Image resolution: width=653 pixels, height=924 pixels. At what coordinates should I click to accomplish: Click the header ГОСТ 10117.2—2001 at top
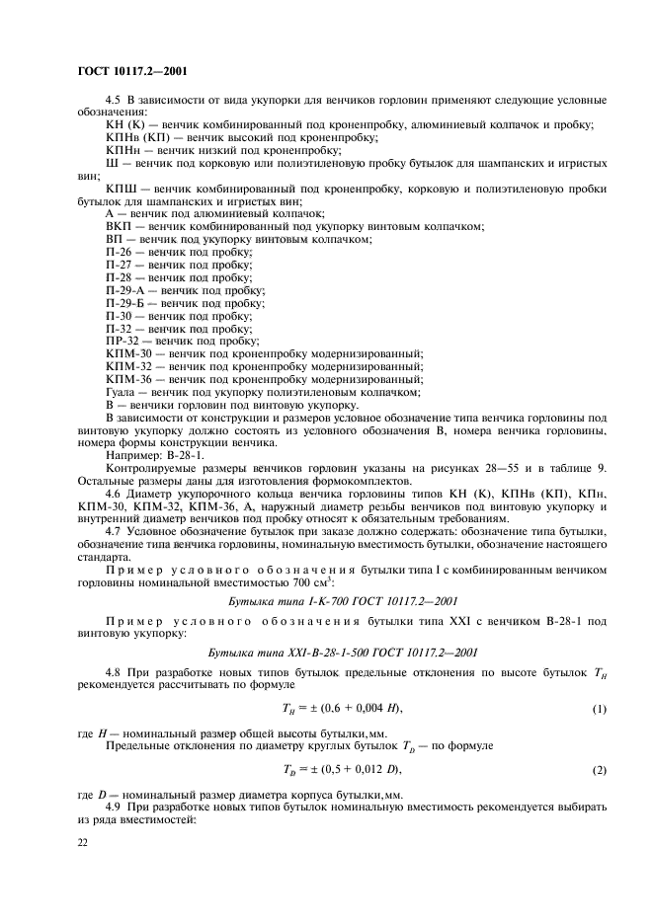point(130,70)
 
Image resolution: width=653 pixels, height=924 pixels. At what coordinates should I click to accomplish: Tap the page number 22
point(82,841)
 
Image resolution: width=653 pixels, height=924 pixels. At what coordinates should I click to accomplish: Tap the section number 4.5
point(113,102)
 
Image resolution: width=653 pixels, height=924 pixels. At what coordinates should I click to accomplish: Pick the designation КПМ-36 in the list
point(126,378)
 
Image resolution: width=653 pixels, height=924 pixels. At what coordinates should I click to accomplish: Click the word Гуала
point(121,391)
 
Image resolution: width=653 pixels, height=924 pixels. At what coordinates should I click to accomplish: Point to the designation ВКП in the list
point(117,227)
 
